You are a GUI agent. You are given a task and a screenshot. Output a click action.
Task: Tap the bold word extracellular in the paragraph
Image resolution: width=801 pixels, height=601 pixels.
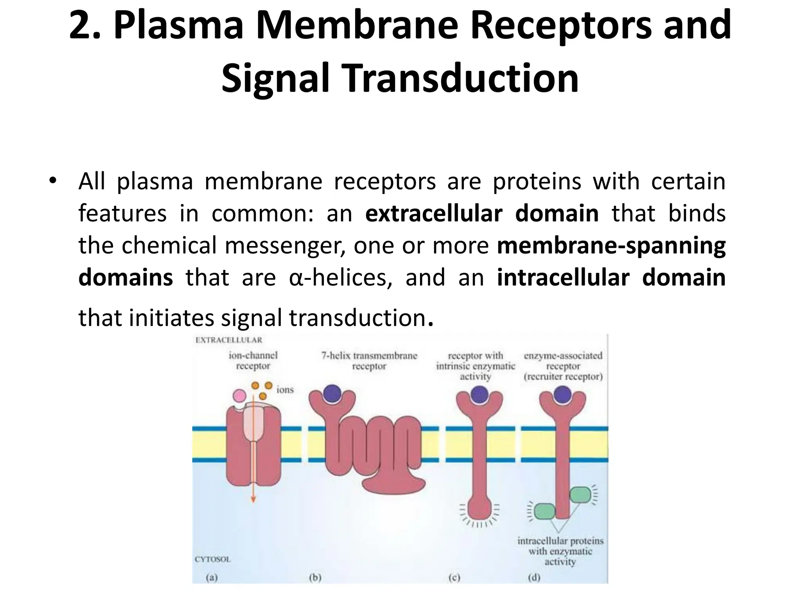433,214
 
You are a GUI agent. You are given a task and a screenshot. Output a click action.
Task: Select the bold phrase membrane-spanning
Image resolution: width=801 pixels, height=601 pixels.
611,246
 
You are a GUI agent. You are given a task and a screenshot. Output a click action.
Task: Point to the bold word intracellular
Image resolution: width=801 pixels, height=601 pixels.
563,277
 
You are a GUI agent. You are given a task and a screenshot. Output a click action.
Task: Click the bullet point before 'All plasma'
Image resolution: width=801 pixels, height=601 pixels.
53,180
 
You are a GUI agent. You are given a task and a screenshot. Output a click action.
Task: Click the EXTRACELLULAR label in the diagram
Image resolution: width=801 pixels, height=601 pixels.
229,340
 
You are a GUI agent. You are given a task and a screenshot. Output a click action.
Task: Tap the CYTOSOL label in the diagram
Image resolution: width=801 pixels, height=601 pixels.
213,559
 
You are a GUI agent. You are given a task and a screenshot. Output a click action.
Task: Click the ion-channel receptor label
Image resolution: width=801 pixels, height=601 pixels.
253,360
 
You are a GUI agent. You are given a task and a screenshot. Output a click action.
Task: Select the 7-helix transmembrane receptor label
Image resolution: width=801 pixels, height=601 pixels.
369,361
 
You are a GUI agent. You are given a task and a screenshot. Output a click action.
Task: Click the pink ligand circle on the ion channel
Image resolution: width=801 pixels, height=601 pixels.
239,396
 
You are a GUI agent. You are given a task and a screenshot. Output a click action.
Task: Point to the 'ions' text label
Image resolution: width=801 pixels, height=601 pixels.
285,390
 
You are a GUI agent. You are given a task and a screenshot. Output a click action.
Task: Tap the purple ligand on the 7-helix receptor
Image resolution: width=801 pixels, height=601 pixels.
332,393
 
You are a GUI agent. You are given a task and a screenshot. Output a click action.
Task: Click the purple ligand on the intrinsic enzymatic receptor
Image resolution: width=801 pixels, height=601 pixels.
480,394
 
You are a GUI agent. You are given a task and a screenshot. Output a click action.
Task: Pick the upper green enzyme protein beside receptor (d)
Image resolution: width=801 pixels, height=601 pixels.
580,495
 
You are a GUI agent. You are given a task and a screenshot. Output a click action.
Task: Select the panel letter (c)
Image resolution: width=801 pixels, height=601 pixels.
454,578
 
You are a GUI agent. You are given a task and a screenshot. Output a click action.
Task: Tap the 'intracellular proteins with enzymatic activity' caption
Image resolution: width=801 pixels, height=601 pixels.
560,551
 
